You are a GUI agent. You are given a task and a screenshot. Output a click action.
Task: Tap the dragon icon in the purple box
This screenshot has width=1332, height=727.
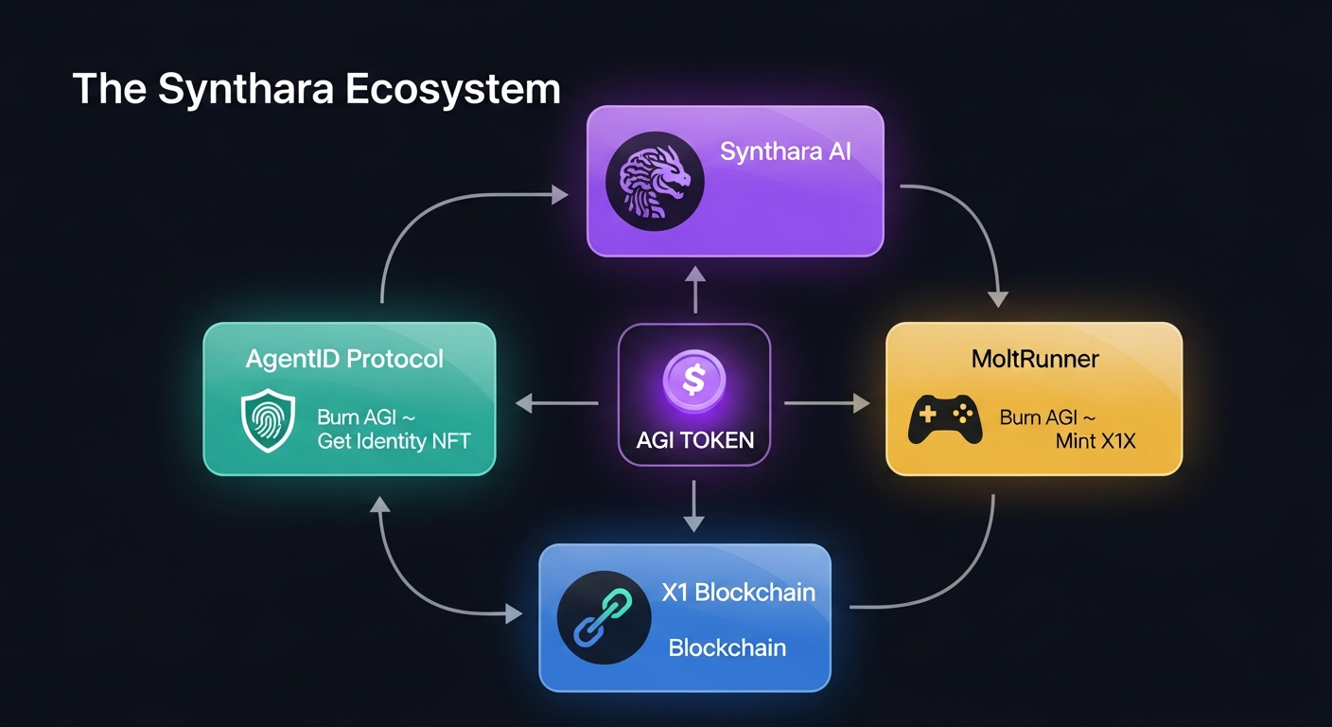click(653, 180)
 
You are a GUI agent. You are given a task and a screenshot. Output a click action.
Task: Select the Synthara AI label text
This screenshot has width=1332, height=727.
click(785, 151)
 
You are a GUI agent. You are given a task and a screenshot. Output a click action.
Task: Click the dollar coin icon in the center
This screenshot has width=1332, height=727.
click(694, 381)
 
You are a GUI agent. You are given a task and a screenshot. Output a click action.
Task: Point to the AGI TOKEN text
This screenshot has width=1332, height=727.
click(694, 439)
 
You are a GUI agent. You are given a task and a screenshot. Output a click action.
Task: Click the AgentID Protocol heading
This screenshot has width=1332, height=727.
click(344, 360)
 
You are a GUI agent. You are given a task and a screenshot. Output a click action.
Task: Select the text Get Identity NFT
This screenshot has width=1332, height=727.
click(394, 441)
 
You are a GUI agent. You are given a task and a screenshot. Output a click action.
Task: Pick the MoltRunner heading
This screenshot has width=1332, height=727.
click(1034, 360)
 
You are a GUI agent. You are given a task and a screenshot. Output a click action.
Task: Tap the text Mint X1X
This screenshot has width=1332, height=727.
click(1096, 441)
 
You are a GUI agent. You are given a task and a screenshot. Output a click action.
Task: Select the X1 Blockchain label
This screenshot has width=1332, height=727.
click(738, 593)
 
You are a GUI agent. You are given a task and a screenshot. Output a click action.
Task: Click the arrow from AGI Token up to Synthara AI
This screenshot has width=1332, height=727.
click(694, 290)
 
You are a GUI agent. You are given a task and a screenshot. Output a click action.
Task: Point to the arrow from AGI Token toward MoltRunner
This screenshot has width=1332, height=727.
click(827, 404)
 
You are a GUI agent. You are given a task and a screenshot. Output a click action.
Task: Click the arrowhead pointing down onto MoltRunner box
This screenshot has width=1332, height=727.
click(997, 298)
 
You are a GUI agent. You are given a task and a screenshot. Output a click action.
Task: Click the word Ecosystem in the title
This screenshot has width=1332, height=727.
click(452, 89)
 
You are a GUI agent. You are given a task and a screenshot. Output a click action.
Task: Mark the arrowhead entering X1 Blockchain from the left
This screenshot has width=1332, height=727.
click(513, 614)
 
